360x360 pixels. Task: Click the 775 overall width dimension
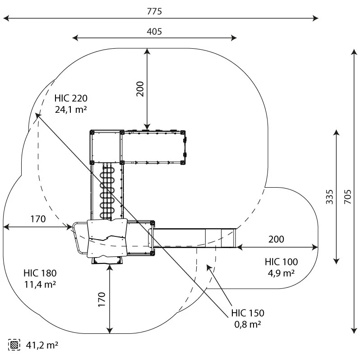(154, 12)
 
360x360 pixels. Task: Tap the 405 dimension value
(154, 32)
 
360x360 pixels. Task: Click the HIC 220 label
(71, 98)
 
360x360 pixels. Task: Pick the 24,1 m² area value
(71, 109)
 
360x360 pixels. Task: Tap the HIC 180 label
(40, 273)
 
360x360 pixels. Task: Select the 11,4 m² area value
(40, 284)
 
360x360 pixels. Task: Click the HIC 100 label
(281, 262)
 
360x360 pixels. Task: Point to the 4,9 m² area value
(281, 273)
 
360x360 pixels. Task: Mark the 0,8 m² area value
(248, 324)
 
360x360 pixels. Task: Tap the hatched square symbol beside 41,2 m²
(14, 345)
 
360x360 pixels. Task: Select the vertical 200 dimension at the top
(140, 89)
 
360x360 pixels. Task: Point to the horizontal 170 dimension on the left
(38, 220)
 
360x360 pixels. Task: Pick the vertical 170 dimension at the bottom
(102, 300)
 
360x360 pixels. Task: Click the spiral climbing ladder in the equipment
(107, 192)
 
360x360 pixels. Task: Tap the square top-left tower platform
(106, 147)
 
